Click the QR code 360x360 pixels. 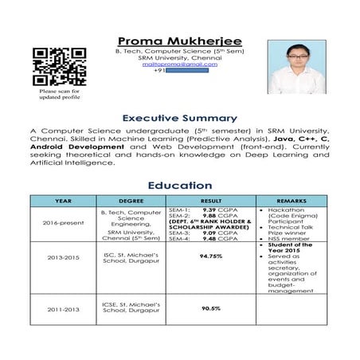click(59, 67)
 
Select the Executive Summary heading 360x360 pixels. click(180, 118)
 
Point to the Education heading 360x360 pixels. click(180, 186)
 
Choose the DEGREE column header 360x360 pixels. click(131, 201)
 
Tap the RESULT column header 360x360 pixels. click(211, 201)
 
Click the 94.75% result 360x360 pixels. click(211, 256)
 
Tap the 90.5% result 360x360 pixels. click(211, 307)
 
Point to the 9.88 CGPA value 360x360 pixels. click(212, 215)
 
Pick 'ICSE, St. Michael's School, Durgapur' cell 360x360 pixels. click(131, 307)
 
